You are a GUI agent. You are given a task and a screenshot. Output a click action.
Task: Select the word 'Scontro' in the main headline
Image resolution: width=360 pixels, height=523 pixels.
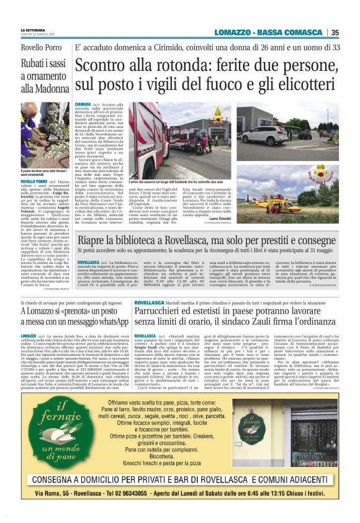pos(107,66)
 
